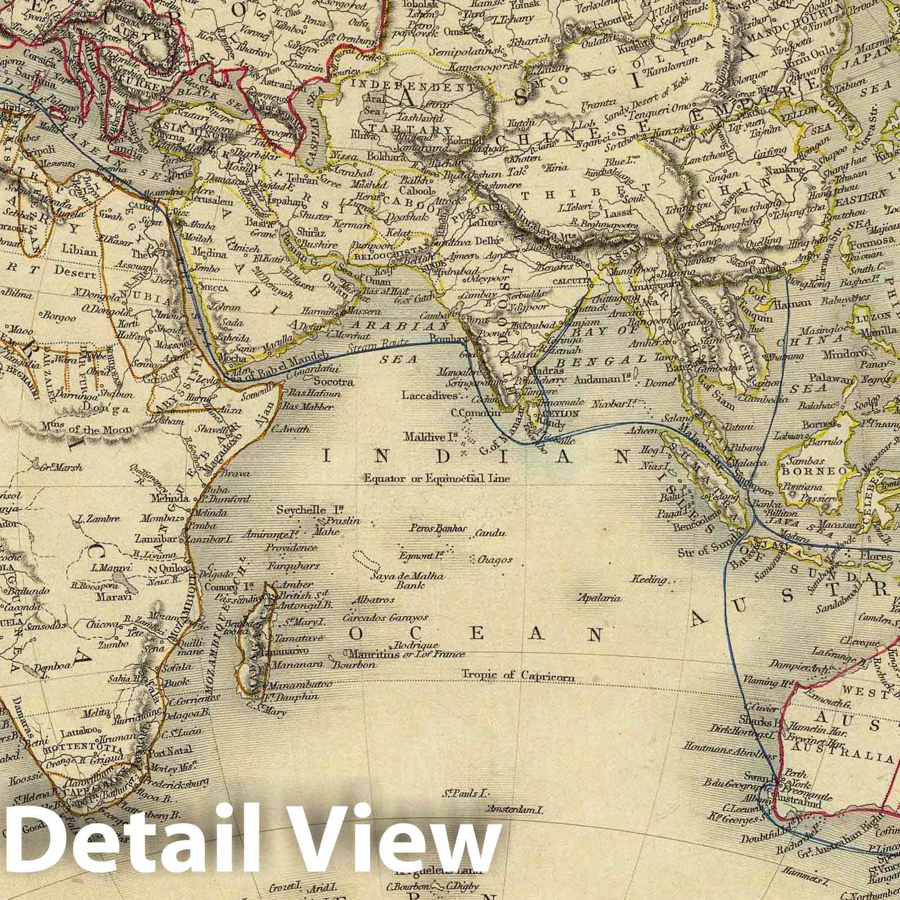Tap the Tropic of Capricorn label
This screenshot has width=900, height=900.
(x=518, y=675)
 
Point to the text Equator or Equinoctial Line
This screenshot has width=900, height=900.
(x=436, y=479)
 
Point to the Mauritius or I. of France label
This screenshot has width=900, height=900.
(x=406, y=654)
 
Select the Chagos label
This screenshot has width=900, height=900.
(x=494, y=560)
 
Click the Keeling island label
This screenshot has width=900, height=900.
(x=649, y=579)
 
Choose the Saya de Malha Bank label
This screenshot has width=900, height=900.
(x=407, y=580)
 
